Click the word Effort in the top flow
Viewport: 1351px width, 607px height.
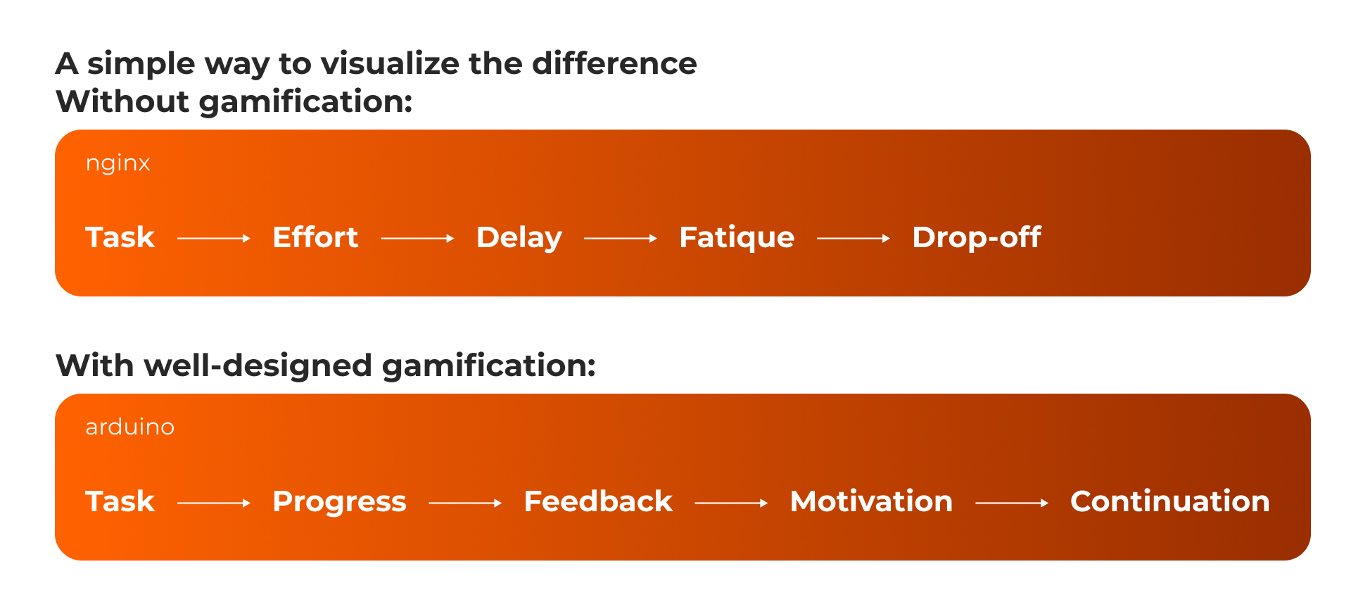click(x=315, y=237)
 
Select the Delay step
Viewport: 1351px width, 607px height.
click(x=519, y=239)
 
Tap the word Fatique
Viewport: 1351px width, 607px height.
click(x=737, y=239)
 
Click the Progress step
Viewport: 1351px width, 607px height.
click(x=339, y=503)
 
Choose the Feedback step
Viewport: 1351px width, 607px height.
click(x=598, y=501)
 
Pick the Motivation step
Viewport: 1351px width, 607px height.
click(x=871, y=501)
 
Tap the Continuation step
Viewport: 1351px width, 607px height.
click(x=1169, y=501)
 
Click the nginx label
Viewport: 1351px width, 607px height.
click(x=118, y=164)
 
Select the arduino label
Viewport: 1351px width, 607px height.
click(x=129, y=427)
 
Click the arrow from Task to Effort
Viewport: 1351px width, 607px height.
click(x=214, y=239)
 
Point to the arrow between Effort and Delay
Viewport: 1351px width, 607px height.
click(x=417, y=239)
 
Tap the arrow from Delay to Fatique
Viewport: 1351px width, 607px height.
click(x=621, y=239)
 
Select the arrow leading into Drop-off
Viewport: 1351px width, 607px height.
click(x=854, y=239)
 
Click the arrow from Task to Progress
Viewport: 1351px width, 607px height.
click(x=214, y=503)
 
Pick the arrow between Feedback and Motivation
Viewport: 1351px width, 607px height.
click(x=731, y=503)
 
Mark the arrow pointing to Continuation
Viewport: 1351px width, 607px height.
click(x=1012, y=503)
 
